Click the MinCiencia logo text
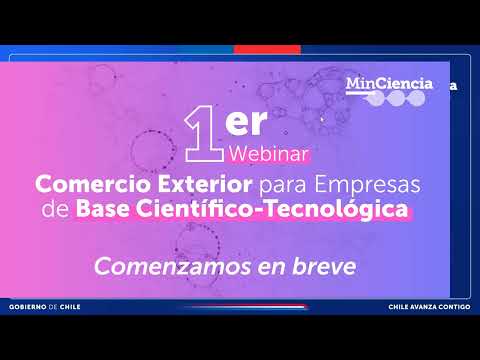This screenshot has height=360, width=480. (x=389, y=83)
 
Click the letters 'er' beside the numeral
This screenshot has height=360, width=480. (x=246, y=122)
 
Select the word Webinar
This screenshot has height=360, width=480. (x=268, y=154)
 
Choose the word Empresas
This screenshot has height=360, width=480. (x=367, y=185)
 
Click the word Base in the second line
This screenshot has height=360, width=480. (x=103, y=209)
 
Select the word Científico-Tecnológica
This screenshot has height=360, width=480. (x=272, y=209)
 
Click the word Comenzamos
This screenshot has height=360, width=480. (x=173, y=267)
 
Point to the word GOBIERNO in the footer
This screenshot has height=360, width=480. (x=28, y=307)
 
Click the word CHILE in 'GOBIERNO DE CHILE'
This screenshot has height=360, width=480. (x=70, y=307)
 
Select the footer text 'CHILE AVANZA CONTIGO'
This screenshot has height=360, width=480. (x=429, y=307)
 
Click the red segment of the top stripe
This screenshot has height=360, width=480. (x=267, y=50)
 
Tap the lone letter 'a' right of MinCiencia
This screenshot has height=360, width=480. (x=453, y=86)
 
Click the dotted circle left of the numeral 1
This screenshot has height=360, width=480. (x=152, y=151)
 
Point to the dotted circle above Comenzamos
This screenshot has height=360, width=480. (x=198, y=242)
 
